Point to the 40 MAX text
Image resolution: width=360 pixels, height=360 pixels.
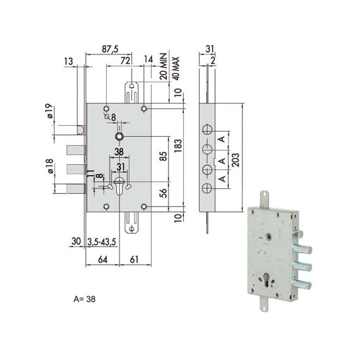pyautogui.click(x=176, y=67)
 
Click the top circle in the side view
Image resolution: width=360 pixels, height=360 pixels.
pyautogui.click(x=207, y=129)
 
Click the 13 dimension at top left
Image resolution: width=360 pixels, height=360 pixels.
pyautogui.click(x=68, y=61)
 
